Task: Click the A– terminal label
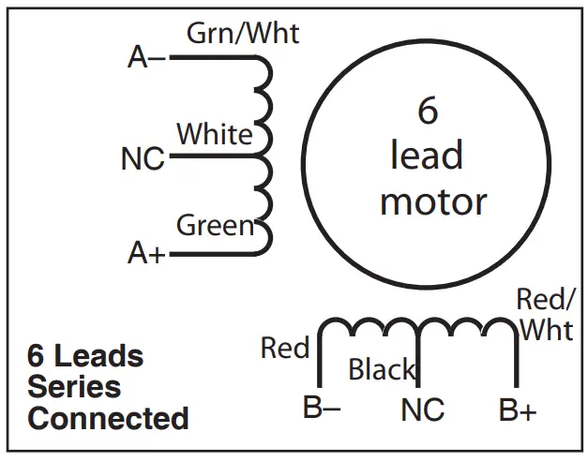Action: (x=145, y=58)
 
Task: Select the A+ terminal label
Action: (x=145, y=253)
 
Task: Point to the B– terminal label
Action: (x=322, y=410)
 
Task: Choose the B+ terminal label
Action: (x=517, y=410)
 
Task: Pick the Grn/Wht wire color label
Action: (x=243, y=34)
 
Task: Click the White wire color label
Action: (x=215, y=134)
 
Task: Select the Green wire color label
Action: (x=215, y=226)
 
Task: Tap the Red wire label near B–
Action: (x=285, y=349)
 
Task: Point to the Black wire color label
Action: (x=381, y=370)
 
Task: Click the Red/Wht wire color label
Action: (x=547, y=315)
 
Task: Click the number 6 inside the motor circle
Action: (x=427, y=111)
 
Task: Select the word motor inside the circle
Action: (x=433, y=201)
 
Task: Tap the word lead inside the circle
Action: (x=427, y=156)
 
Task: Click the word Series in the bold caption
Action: (x=74, y=386)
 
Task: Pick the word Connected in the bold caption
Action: (x=108, y=417)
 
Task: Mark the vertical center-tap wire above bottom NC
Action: (x=418, y=361)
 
